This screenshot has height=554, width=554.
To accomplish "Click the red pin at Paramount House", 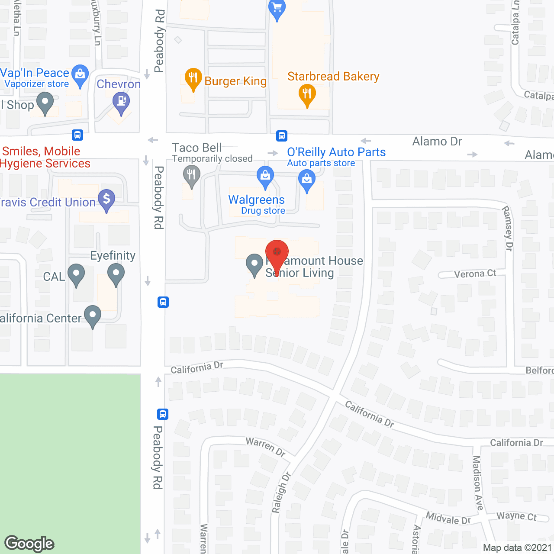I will [x=277, y=254].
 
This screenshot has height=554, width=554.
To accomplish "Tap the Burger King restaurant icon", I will [x=193, y=78].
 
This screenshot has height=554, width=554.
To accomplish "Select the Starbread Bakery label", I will [x=333, y=77].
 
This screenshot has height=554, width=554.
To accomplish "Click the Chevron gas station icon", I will [x=121, y=103].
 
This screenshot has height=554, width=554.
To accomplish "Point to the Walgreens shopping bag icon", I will [x=265, y=176].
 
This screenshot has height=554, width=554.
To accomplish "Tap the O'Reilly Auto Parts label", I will [x=336, y=152].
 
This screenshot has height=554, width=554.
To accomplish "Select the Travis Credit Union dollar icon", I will [x=106, y=200].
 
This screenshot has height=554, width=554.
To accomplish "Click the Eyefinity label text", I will [x=113, y=256].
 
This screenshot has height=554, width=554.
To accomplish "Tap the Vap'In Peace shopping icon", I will [x=80, y=74].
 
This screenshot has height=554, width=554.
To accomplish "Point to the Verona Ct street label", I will [x=475, y=274].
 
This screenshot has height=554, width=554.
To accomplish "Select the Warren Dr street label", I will [x=266, y=447].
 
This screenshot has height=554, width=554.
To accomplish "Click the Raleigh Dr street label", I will [x=281, y=493].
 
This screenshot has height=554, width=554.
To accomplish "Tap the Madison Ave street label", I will [x=477, y=483].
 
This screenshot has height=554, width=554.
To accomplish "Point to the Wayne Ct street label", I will [x=516, y=516].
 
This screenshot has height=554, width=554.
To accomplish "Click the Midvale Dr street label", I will [x=448, y=518].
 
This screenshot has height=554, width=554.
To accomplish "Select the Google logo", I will [x=29, y=544].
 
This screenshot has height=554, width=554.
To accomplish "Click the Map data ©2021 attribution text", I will [x=517, y=548].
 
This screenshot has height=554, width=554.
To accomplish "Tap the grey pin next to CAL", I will [x=76, y=274].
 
